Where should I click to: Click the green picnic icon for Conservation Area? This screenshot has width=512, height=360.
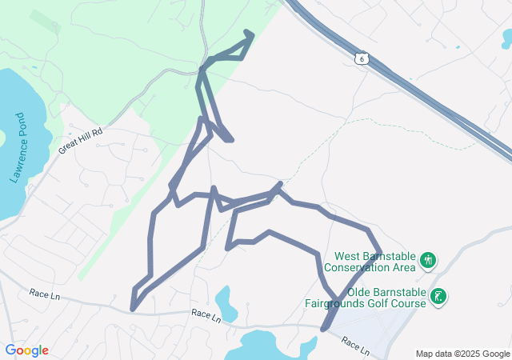(x=428, y=259)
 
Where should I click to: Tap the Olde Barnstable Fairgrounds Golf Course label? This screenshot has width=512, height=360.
(x=367, y=298)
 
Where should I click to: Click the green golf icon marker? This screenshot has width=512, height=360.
(x=438, y=298)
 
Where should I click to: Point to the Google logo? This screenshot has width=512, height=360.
(x=26, y=350)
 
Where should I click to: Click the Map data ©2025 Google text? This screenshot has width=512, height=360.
(x=462, y=354)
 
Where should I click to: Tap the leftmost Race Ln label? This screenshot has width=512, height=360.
(x=45, y=294)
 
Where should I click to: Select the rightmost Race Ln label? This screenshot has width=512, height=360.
(x=355, y=347)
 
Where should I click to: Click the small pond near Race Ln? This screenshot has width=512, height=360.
(x=226, y=302)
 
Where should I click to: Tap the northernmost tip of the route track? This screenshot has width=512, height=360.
(x=250, y=33)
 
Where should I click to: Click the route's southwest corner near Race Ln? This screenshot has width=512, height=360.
(x=133, y=308)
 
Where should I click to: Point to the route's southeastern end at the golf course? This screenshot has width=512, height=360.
(x=323, y=328)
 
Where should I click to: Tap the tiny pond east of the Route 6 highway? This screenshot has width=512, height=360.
(x=458, y=47)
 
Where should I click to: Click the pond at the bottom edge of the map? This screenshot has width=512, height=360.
(x=264, y=346)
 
